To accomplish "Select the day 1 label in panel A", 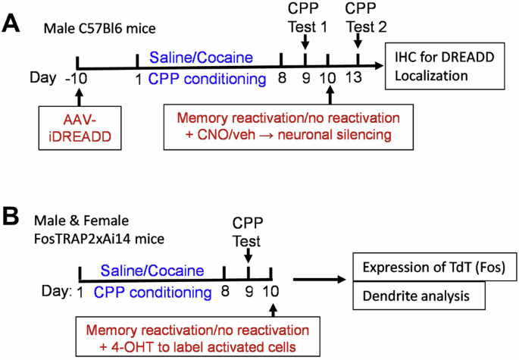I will [x=137, y=78].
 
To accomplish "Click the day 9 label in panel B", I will [x=249, y=291].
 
